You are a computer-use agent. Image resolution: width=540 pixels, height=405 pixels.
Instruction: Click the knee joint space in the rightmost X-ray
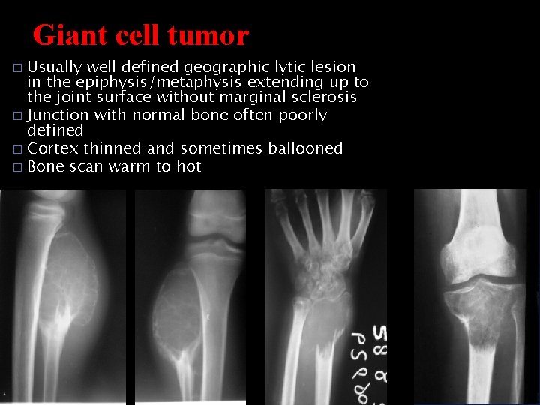(x=480, y=280)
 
